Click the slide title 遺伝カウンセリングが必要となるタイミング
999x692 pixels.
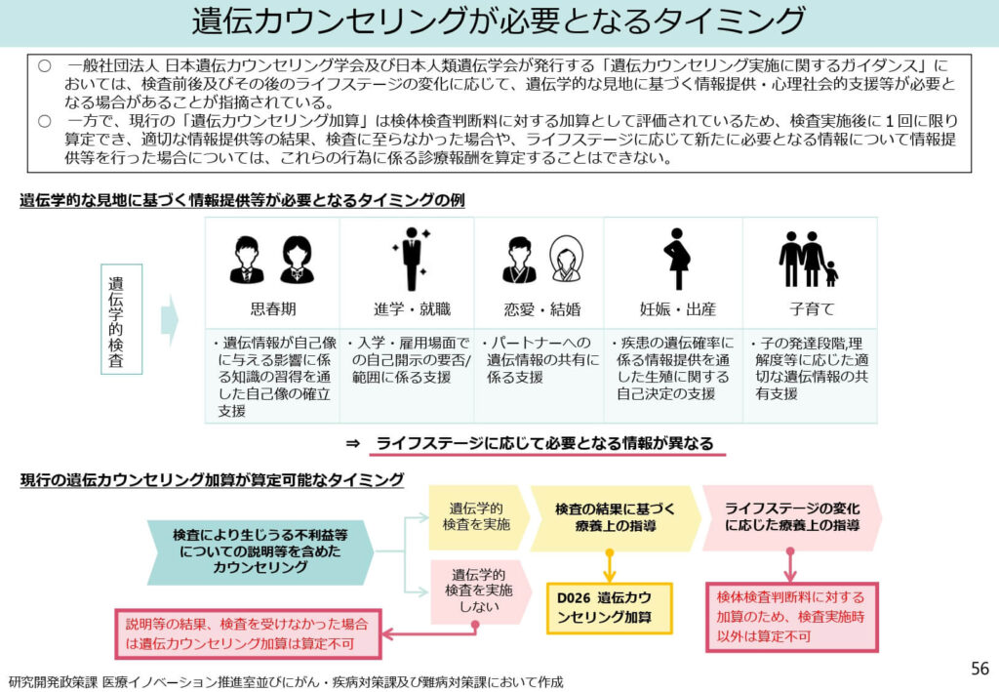(499, 21)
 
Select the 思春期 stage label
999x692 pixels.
(272, 309)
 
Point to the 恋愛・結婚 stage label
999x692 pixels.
(540, 309)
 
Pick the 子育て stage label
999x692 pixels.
(810, 309)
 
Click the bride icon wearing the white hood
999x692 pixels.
(565, 260)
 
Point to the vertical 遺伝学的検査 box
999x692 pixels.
(121, 319)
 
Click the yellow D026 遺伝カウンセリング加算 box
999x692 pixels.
(609, 608)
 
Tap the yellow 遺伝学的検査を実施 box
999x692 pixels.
(475, 516)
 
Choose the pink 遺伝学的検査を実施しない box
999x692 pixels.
(475, 590)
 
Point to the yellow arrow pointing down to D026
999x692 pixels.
(609, 566)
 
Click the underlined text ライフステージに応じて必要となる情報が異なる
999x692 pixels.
(544, 442)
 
